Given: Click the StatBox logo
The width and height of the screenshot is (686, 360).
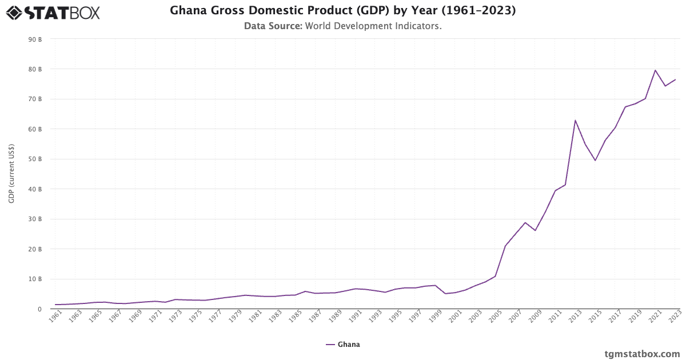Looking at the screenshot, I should [x=53, y=13].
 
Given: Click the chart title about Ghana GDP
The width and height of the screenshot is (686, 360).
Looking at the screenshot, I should [x=342, y=11].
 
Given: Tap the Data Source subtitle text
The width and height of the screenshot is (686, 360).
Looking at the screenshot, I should [x=342, y=26].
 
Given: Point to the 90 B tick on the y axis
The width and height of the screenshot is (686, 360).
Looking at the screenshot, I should [x=35, y=39].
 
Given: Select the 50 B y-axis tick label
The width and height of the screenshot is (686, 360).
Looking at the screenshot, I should [x=35, y=159].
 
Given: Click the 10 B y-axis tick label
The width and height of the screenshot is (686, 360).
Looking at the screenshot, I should [x=35, y=279].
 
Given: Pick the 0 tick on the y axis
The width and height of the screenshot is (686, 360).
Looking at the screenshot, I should [x=39, y=309].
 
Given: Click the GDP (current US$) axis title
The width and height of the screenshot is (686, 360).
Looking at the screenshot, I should [x=11, y=174].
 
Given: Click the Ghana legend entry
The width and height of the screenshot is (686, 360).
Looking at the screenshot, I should [x=343, y=345].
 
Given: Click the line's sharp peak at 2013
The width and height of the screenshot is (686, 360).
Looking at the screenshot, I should [x=575, y=121].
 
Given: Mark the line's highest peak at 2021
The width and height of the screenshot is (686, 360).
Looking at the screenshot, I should [x=655, y=70].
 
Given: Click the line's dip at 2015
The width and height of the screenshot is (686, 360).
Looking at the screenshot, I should [x=595, y=160].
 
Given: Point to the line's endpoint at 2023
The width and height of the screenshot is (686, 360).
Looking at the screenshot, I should [x=675, y=79].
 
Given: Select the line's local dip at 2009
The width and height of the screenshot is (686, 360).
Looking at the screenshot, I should [x=535, y=230].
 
